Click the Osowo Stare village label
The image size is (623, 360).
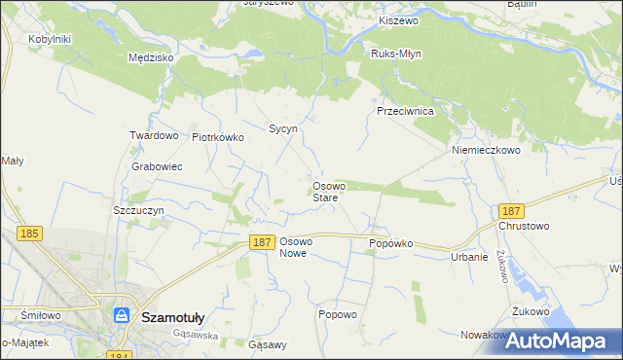(326, 192)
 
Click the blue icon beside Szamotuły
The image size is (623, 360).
(122, 315)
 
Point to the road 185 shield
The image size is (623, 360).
(30, 234)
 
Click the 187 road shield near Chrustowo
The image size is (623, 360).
(510, 211)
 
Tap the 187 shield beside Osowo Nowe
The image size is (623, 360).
(260, 242)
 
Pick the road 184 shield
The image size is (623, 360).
(118, 356)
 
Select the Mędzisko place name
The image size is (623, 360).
(151, 58)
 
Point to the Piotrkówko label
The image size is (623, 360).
(218, 137)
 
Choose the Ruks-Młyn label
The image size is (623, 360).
(396, 54)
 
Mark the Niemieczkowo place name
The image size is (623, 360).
(487, 151)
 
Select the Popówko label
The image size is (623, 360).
(390, 243)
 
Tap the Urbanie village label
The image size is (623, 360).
(469, 257)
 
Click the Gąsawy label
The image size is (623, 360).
(268, 344)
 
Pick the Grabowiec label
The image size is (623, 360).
(158, 166)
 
